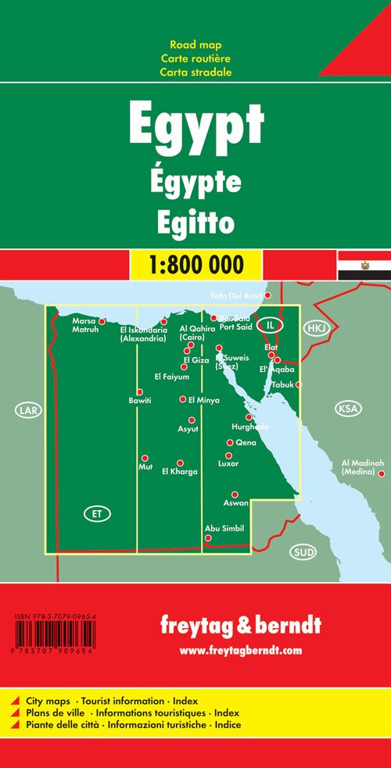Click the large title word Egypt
[195, 127]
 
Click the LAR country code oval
[26, 409]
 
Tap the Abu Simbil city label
[224, 528]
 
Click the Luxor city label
[228, 464]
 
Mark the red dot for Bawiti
[140, 392]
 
